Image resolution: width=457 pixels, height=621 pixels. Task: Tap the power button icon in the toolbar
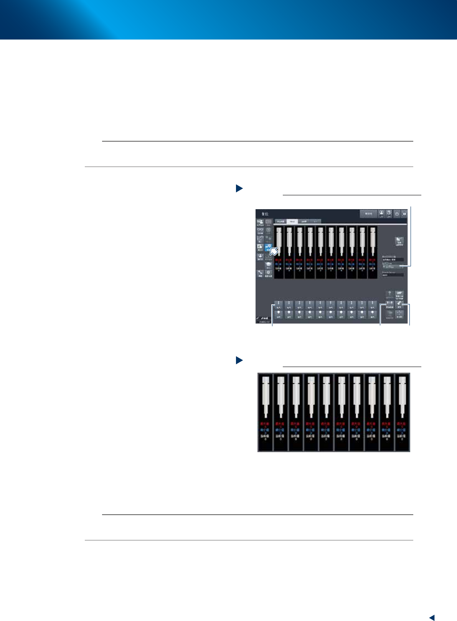[397, 214]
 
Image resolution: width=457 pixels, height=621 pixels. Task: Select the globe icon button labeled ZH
[389, 214]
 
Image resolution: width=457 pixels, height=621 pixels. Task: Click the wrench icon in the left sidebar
[260, 273]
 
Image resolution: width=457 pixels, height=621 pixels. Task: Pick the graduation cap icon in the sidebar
[269, 265]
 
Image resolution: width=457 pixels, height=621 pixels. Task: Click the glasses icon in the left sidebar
[260, 231]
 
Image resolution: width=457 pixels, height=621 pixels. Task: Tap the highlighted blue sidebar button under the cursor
[269, 247]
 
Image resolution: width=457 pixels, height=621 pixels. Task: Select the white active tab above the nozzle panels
[292, 221]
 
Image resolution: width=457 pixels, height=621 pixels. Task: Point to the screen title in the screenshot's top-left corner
[265, 214]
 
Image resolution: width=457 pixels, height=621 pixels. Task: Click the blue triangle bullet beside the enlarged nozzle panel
[239, 360]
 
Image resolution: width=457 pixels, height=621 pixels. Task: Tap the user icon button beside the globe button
[381, 214]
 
